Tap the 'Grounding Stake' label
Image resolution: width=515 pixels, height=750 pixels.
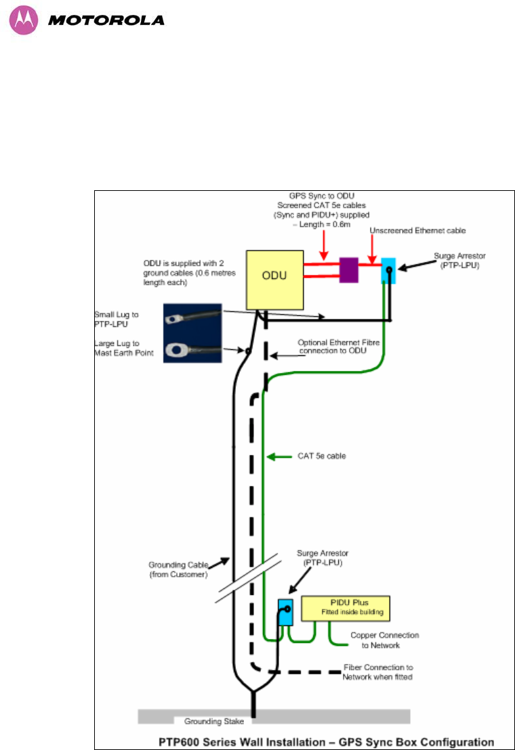tap(215, 721)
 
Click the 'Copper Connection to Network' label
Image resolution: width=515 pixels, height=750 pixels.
tap(384, 640)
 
